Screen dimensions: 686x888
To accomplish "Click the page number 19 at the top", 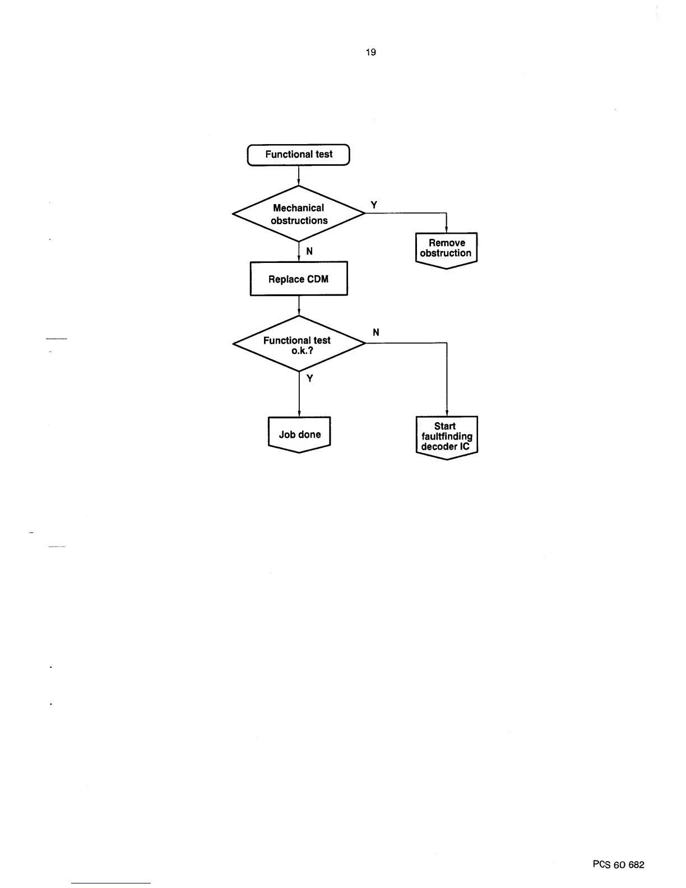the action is point(370,52).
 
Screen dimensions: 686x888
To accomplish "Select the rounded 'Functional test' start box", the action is point(299,155).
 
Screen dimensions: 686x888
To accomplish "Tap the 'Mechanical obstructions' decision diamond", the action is point(299,214).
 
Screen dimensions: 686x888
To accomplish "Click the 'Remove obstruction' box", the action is point(446,249).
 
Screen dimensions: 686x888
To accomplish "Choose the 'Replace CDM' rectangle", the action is point(299,279).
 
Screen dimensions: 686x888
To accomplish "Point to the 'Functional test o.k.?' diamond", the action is point(299,344).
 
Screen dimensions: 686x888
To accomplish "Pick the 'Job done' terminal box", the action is point(299,434).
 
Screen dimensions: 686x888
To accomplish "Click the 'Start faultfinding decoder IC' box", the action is point(447,436).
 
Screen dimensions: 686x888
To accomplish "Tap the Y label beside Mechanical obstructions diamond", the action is point(374,205).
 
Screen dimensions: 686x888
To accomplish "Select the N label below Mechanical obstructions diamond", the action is point(309,252).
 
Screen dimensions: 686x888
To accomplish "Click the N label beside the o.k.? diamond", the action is point(376,332).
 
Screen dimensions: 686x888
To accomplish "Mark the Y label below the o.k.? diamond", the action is point(309,378).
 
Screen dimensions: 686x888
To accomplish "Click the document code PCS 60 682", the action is point(618,864).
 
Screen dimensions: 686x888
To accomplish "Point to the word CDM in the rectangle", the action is point(317,279).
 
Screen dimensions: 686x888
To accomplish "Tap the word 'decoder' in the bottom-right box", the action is point(439,447).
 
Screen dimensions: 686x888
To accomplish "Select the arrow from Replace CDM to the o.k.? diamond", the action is point(299,306).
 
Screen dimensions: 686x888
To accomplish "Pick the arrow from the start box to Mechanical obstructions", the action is point(299,175).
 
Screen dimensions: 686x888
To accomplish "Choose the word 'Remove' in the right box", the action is point(447,243).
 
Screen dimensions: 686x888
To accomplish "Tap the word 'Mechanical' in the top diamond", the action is point(298,208).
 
